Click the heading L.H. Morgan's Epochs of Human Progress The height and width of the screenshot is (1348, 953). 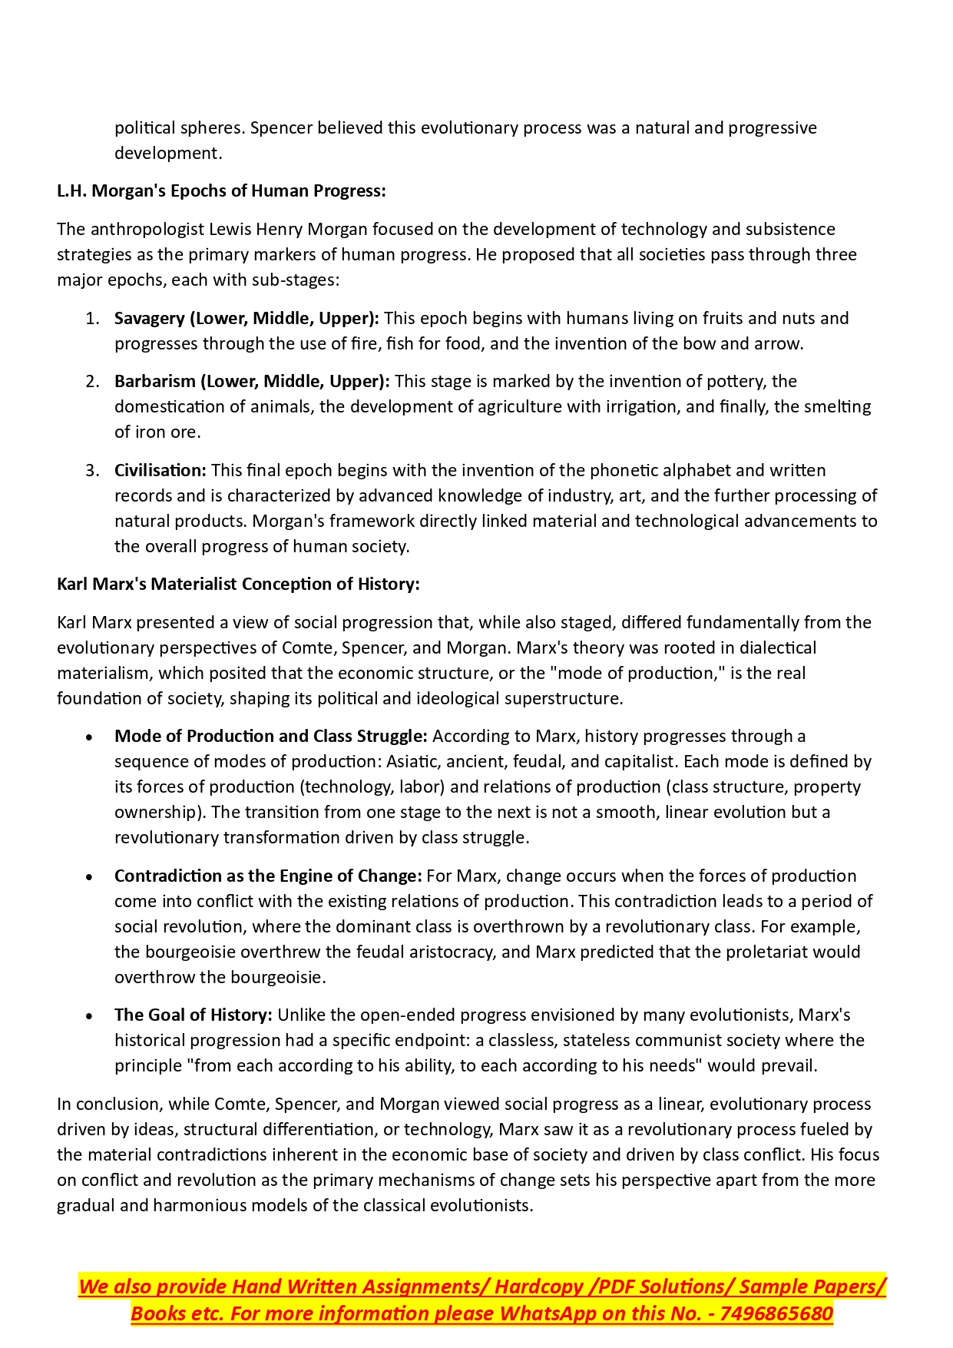pyautogui.click(x=221, y=191)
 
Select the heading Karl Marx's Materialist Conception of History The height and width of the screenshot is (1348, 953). pyautogui.click(x=238, y=585)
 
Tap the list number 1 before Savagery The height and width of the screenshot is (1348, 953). pyautogui.click(x=92, y=319)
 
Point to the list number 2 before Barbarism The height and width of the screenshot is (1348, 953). pyautogui.click(x=92, y=382)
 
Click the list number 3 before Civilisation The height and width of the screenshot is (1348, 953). pyautogui.click(x=92, y=471)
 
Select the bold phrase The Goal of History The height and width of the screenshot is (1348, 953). pyautogui.click(x=194, y=1015)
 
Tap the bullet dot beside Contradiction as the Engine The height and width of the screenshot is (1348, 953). pyautogui.click(x=90, y=877)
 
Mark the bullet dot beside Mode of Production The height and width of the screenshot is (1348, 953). pyautogui.click(x=90, y=737)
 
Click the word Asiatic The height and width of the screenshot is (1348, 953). pyautogui.click(x=413, y=762)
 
